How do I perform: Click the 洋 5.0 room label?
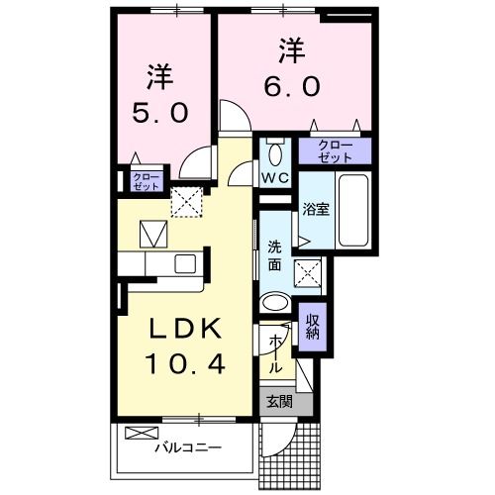157,93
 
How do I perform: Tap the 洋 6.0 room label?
290,68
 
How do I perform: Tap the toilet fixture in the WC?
275,154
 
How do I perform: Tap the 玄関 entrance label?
278,402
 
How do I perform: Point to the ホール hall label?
275,351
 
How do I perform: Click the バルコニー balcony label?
187,448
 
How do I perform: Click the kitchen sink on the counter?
185,263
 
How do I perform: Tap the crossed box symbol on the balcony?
142,433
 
